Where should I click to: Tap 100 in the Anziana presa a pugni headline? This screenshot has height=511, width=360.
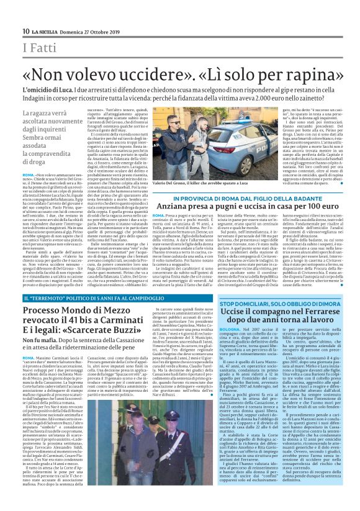click(304, 205)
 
